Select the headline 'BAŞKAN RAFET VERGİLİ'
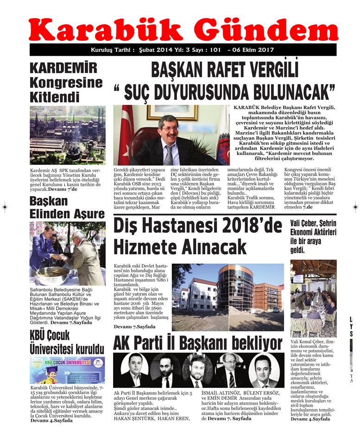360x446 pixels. (225, 70)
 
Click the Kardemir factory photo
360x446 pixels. (67, 135)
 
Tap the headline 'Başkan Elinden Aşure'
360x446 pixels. (67, 207)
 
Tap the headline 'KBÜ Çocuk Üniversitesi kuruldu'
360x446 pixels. (67, 342)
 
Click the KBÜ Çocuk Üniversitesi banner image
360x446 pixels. (67, 370)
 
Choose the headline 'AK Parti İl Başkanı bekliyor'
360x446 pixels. (197, 344)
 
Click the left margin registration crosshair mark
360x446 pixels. (5, 207)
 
